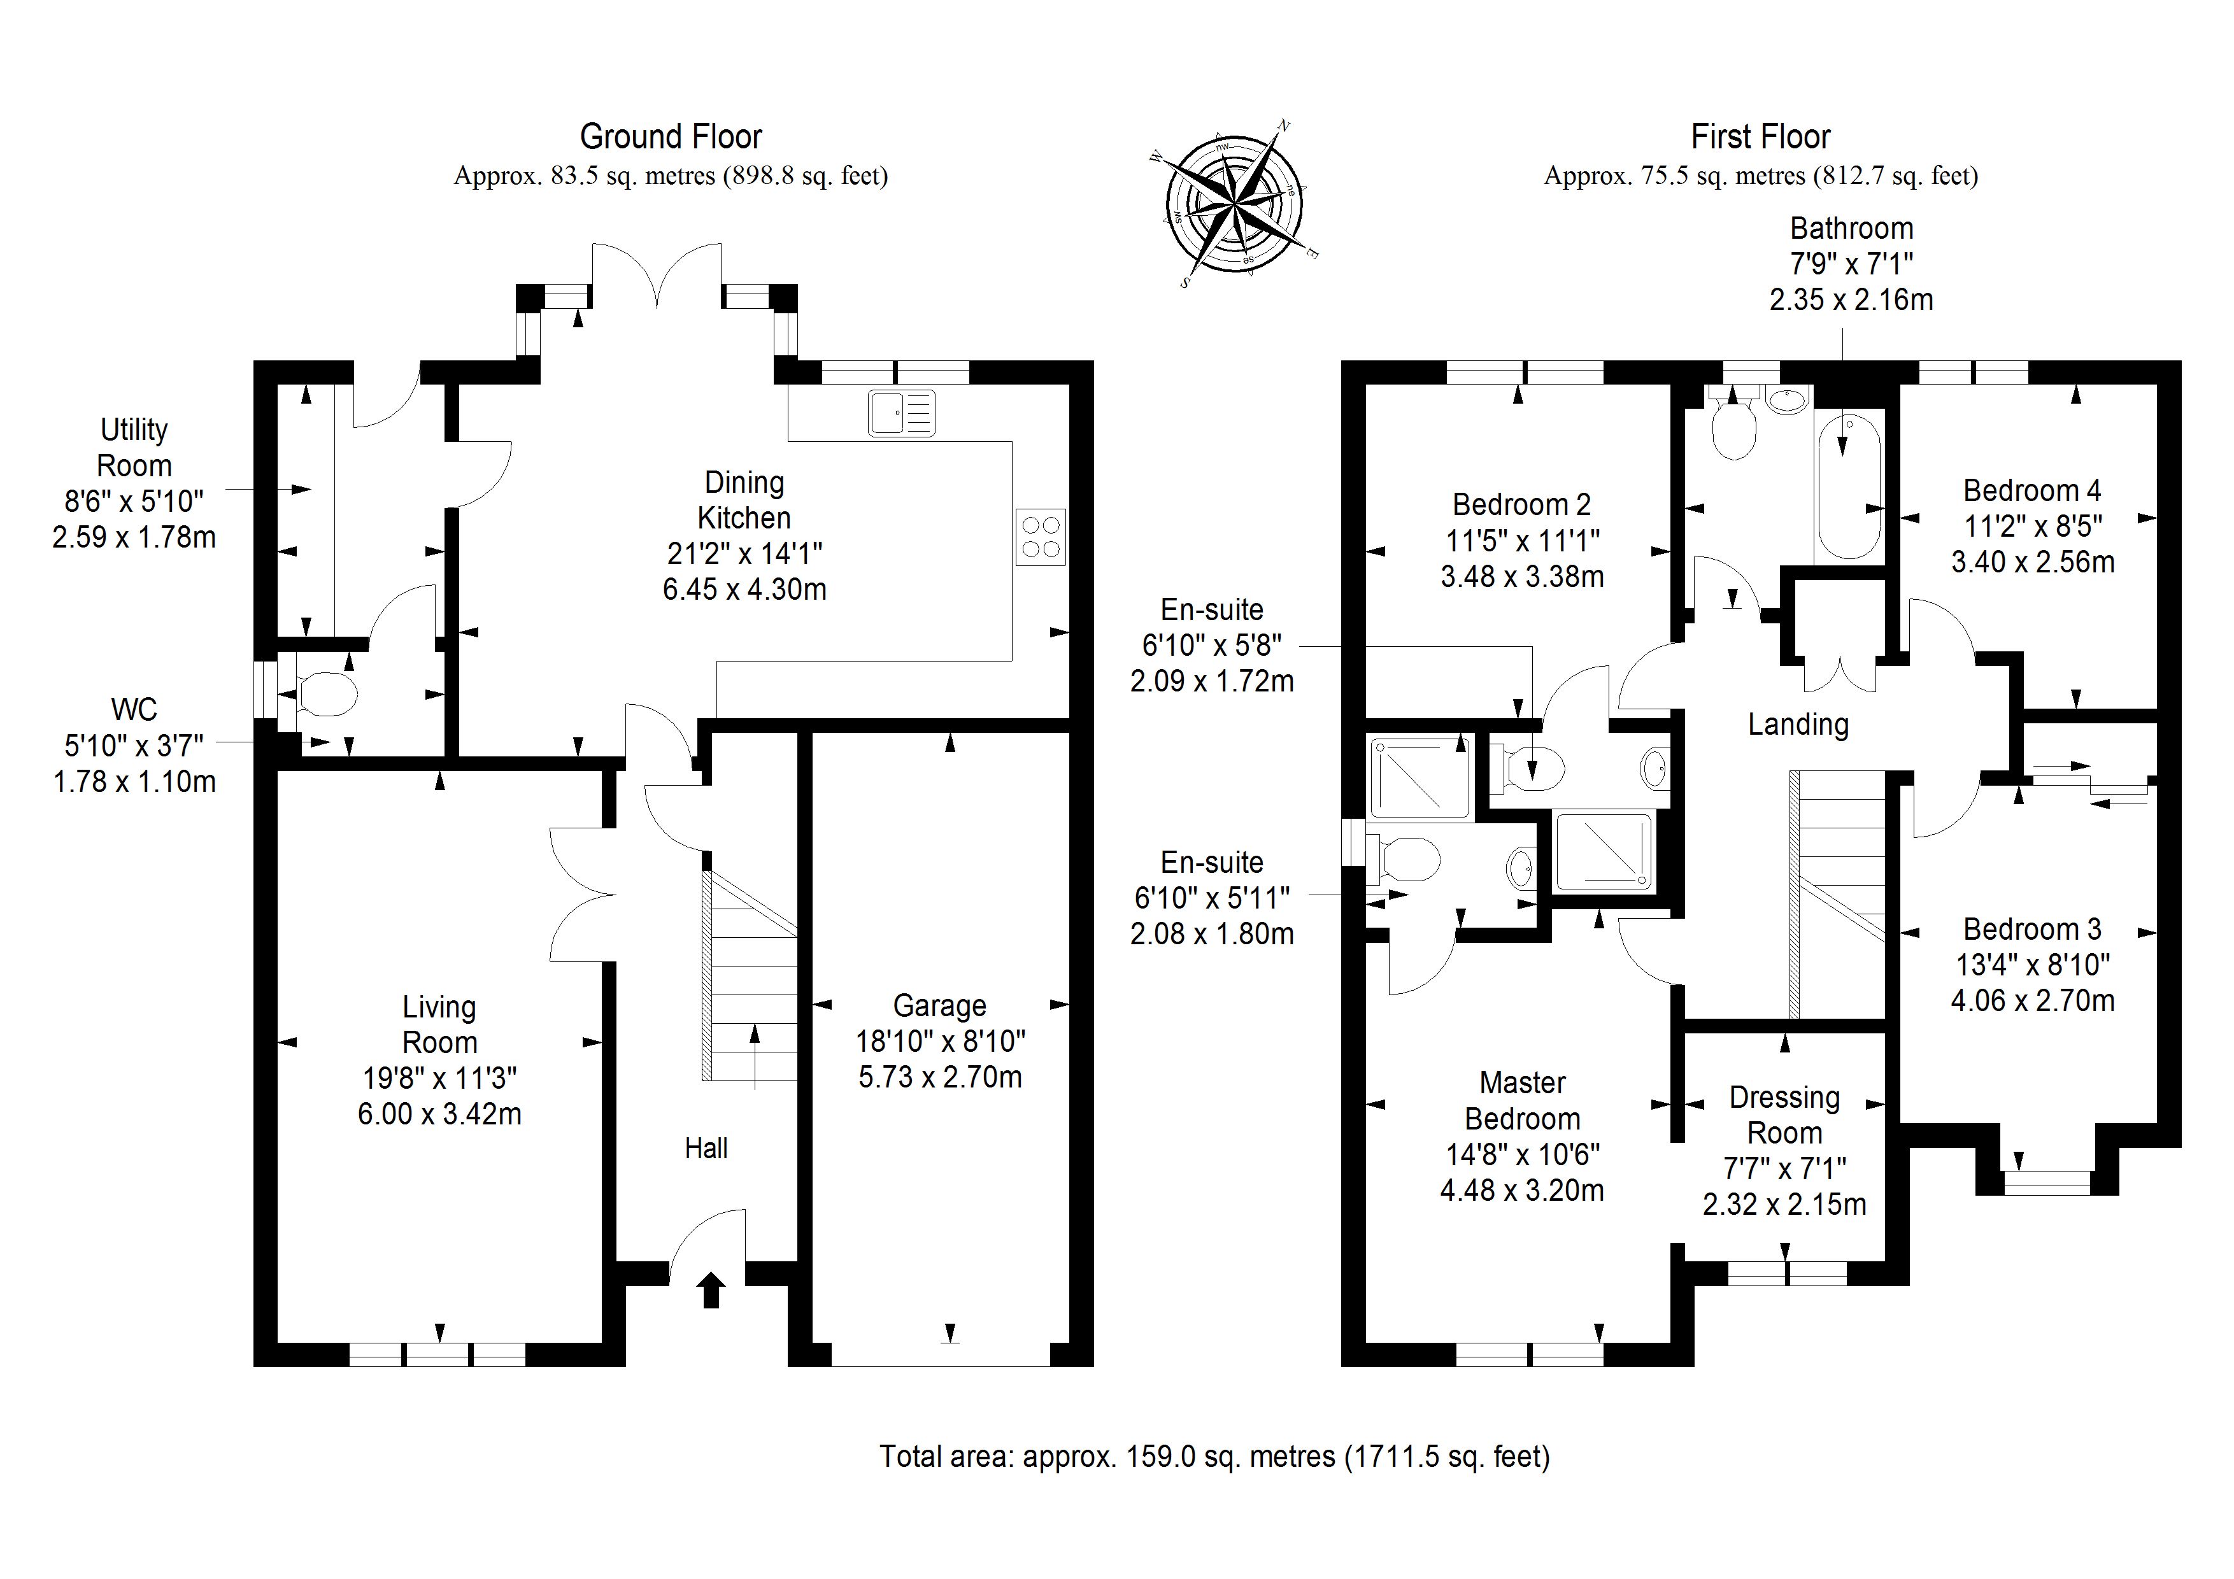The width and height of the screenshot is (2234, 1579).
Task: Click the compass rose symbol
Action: click(1233, 204)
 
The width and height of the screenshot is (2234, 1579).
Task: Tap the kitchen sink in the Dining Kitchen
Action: click(901, 413)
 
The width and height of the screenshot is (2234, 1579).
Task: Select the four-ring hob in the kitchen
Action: click(1040, 537)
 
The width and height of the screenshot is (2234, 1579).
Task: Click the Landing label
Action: click(1797, 724)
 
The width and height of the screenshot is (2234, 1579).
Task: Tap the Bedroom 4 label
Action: click(2031, 490)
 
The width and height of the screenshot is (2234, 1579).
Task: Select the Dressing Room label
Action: click(1784, 1115)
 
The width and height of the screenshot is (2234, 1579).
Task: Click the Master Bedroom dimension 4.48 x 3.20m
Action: click(1522, 1191)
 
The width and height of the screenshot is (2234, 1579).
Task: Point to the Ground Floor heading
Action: click(671, 137)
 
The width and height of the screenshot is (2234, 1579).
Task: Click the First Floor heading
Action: click(1760, 137)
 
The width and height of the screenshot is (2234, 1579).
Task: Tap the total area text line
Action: click(1214, 1456)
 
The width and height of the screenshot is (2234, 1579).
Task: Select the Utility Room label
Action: click(134, 448)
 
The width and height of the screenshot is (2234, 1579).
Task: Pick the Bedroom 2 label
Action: click(1521, 505)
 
